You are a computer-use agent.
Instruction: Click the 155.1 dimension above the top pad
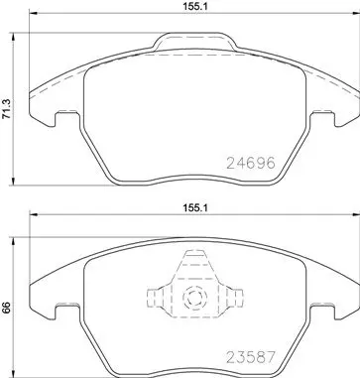pyautogui.click(x=195, y=6)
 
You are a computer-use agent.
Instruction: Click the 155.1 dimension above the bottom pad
pyautogui.click(x=195, y=208)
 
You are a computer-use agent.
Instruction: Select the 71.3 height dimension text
pyautogui.click(x=6, y=108)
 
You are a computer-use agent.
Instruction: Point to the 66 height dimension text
pyautogui.click(x=8, y=308)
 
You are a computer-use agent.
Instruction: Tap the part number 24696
pyautogui.click(x=251, y=163)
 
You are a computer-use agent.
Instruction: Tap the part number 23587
pyautogui.click(x=251, y=357)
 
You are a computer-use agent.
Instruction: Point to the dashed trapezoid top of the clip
pyautogui.click(x=195, y=264)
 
